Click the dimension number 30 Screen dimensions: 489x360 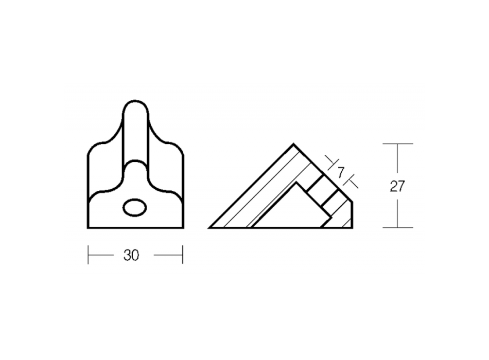(131, 255)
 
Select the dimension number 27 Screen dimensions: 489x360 (397, 186)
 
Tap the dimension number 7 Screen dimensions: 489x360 (341, 172)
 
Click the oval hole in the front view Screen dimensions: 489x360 (135, 208)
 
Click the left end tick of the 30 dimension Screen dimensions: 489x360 (88, 255)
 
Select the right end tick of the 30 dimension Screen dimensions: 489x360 (183, 255)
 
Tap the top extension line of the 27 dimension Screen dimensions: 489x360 (398, 143)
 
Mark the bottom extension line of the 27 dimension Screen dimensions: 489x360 (398, 227)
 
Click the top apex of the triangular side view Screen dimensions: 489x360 (293, 144)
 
